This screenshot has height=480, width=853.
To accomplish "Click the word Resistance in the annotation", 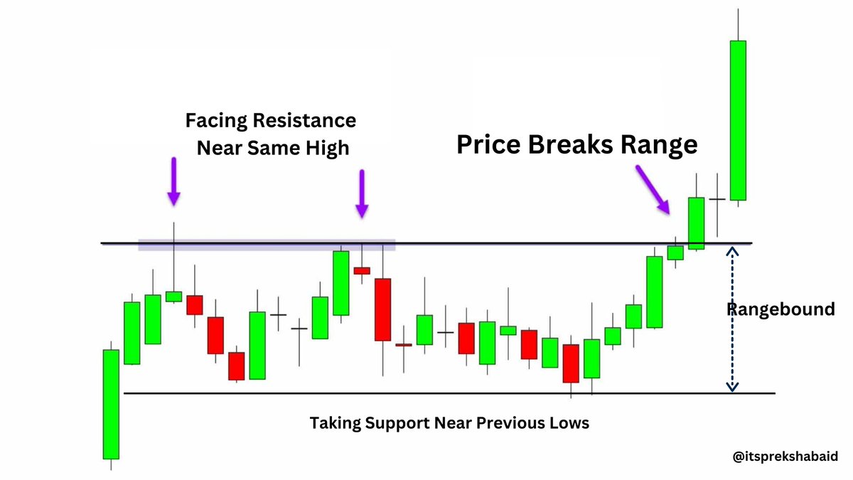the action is (x=304, y=120).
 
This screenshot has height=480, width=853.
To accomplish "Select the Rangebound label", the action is (x=780, y=309).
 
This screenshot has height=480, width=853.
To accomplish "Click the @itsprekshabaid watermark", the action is (x=785, y=457).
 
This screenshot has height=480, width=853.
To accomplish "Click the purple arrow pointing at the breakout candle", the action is (x=653, y=189).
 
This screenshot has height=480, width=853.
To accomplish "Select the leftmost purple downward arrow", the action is (x=173, y=181).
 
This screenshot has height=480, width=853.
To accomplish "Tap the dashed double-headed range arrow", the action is (x=732, y=319).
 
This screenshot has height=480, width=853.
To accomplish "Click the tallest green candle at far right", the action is (x=738, y=120).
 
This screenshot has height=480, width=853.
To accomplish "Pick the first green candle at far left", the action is (x=111, y=404).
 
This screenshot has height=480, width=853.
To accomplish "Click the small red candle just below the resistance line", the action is (x=362, y=270).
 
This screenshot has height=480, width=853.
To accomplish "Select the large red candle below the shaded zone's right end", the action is (x=382, y=309).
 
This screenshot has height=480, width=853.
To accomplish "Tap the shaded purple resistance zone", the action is (x=267, y=245).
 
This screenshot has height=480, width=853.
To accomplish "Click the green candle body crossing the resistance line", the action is (x=696, y=223).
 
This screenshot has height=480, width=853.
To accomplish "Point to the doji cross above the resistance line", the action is (x=717, y=199).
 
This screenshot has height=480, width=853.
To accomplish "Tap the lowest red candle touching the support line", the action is (x=571, y=363).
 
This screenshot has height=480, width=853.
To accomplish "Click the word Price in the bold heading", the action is (x=488, y=144).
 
